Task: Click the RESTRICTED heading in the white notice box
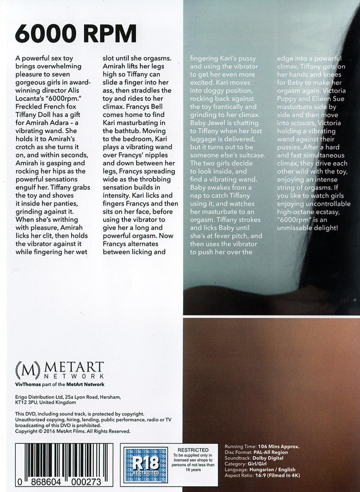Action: point(193,450)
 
